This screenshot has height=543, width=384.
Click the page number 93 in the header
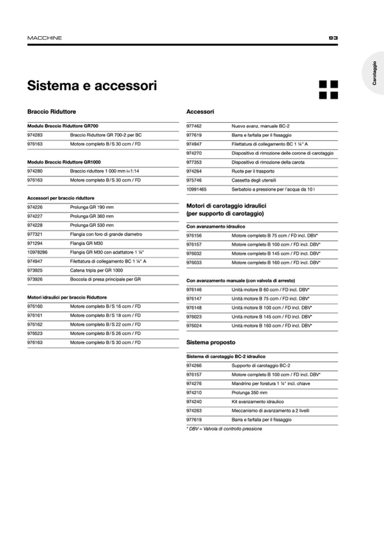[x=333, y=38]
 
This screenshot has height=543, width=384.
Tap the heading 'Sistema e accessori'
[x=92, y=86]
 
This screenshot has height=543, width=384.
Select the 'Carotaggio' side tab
[x=374, y=73]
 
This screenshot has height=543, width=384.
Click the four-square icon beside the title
[x=328, y=89]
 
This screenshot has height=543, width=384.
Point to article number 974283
[x=35, y=135]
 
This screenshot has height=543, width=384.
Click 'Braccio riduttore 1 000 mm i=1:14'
[x=105, y=171]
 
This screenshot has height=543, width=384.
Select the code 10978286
[x=37, y=252]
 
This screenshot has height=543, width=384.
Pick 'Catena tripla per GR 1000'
[x=96, y=270]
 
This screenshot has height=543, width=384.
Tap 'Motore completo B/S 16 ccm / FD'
[x=105, y=306]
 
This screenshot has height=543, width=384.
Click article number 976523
[x=35, y=334]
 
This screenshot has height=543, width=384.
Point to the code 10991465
[x=197, y=190]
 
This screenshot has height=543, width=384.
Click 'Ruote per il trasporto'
[x=253, y=172]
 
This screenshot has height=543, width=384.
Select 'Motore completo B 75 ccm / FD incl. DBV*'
[x=276, y=236]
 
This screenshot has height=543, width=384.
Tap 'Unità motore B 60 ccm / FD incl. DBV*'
[x=270, y=289]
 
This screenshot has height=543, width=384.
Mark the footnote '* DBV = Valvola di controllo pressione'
[x=224, y=429]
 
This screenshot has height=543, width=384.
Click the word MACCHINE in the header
[x=45, y=38]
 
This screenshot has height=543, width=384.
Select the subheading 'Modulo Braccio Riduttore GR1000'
[x=64, y=162]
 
